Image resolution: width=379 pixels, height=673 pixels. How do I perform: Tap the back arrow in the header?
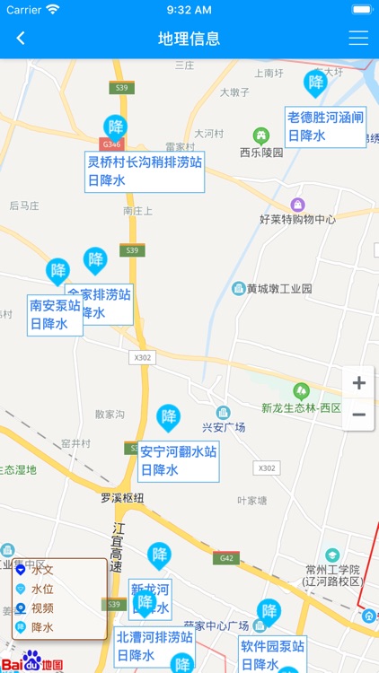pyautogui.click(x=21, y=39)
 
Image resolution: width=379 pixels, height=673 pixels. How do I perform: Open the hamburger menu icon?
pyautogui.click(x=358, y=39)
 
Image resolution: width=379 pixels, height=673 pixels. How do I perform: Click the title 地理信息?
pyautogui.click(x=189, y=39)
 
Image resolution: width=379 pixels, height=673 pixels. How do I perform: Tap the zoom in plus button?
pyautogui.click(x=358, y=383)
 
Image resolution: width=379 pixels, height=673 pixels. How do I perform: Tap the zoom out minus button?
pyautogui.click(x=358, y=415)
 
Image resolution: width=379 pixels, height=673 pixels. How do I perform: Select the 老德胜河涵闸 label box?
pyautogui.click(x=325, y=126)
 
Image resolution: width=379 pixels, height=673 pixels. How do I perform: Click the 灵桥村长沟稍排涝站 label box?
pyautogui.click(x=144, y=170)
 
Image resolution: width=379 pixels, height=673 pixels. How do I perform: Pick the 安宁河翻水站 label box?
pyautogui.click(x=178, y=460)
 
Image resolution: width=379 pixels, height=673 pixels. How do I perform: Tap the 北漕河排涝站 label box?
pyautogui.click(x=155, y=646)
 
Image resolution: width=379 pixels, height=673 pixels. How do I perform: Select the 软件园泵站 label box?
pyautogui.click(x=272, y=654)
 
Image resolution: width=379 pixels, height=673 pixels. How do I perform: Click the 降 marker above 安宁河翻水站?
pyautogui.click(x=168, y=417)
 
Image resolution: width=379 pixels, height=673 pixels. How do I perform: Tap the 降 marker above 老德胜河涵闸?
pyautogui.click(x=315, y=83)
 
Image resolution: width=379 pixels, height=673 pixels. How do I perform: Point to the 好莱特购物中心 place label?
pyautogui.click(x=297, y=219)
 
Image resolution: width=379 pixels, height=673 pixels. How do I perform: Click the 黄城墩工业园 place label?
pyautogui.click(x=279, y=289)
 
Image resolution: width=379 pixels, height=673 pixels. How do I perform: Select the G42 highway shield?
pyautogui.click(x=225, y=558)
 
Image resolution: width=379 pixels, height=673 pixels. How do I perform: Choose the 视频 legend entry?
pyautogui.click(x=42, y=607)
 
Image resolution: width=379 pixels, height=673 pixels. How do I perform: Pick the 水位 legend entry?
pyautogui.click(x=42, y=589)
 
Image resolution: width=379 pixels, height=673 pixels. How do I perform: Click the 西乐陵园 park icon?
pyautogui.click(x=261, y=135)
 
